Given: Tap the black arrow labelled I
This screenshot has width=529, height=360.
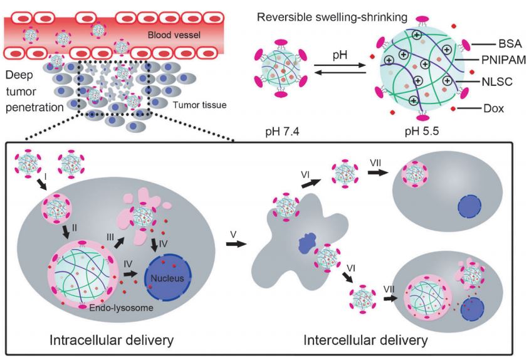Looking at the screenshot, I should point(39,186).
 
